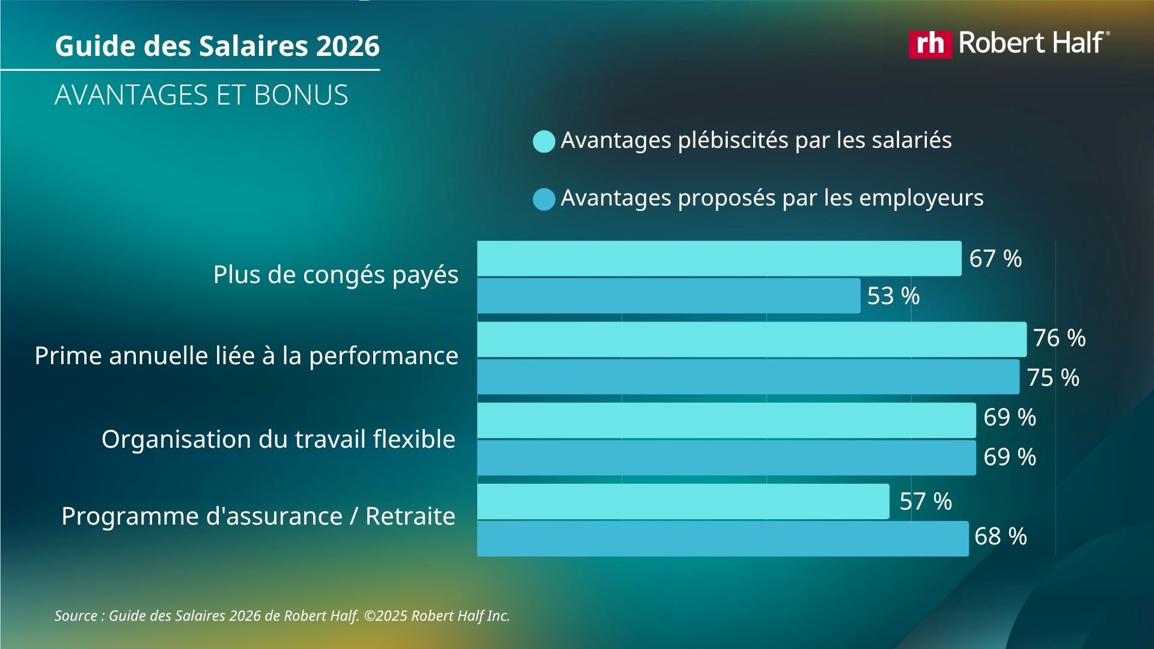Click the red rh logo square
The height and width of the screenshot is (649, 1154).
[930, 44]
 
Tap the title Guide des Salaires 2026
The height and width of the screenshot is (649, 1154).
[217, 46]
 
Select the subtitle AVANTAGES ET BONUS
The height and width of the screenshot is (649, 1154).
[201, 95]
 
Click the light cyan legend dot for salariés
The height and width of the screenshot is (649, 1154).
[543, 142]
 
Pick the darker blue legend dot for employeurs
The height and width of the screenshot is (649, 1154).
[543, 200]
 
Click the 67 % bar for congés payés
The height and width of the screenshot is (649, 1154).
[719, 258]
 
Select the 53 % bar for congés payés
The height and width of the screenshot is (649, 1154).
[668, 296]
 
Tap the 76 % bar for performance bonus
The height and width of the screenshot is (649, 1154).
[751, 340]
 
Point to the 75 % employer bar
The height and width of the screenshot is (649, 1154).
[748, 377]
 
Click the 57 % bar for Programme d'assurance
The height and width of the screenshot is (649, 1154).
[683, 501]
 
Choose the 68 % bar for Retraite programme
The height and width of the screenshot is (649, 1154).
[722, 538]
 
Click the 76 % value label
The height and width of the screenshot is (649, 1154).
[1059, 338]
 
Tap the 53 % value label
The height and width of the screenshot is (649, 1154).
[893, 296]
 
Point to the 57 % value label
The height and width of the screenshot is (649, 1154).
[925, 501]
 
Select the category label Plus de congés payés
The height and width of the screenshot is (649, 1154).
[335, 275]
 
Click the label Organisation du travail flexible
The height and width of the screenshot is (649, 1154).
[278, 439]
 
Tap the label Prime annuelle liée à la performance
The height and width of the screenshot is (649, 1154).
[246, 356]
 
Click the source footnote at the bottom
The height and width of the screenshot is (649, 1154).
[282, 616]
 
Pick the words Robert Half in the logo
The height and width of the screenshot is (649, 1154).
[1031, 43]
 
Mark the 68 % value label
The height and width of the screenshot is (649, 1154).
[1000, 537]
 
